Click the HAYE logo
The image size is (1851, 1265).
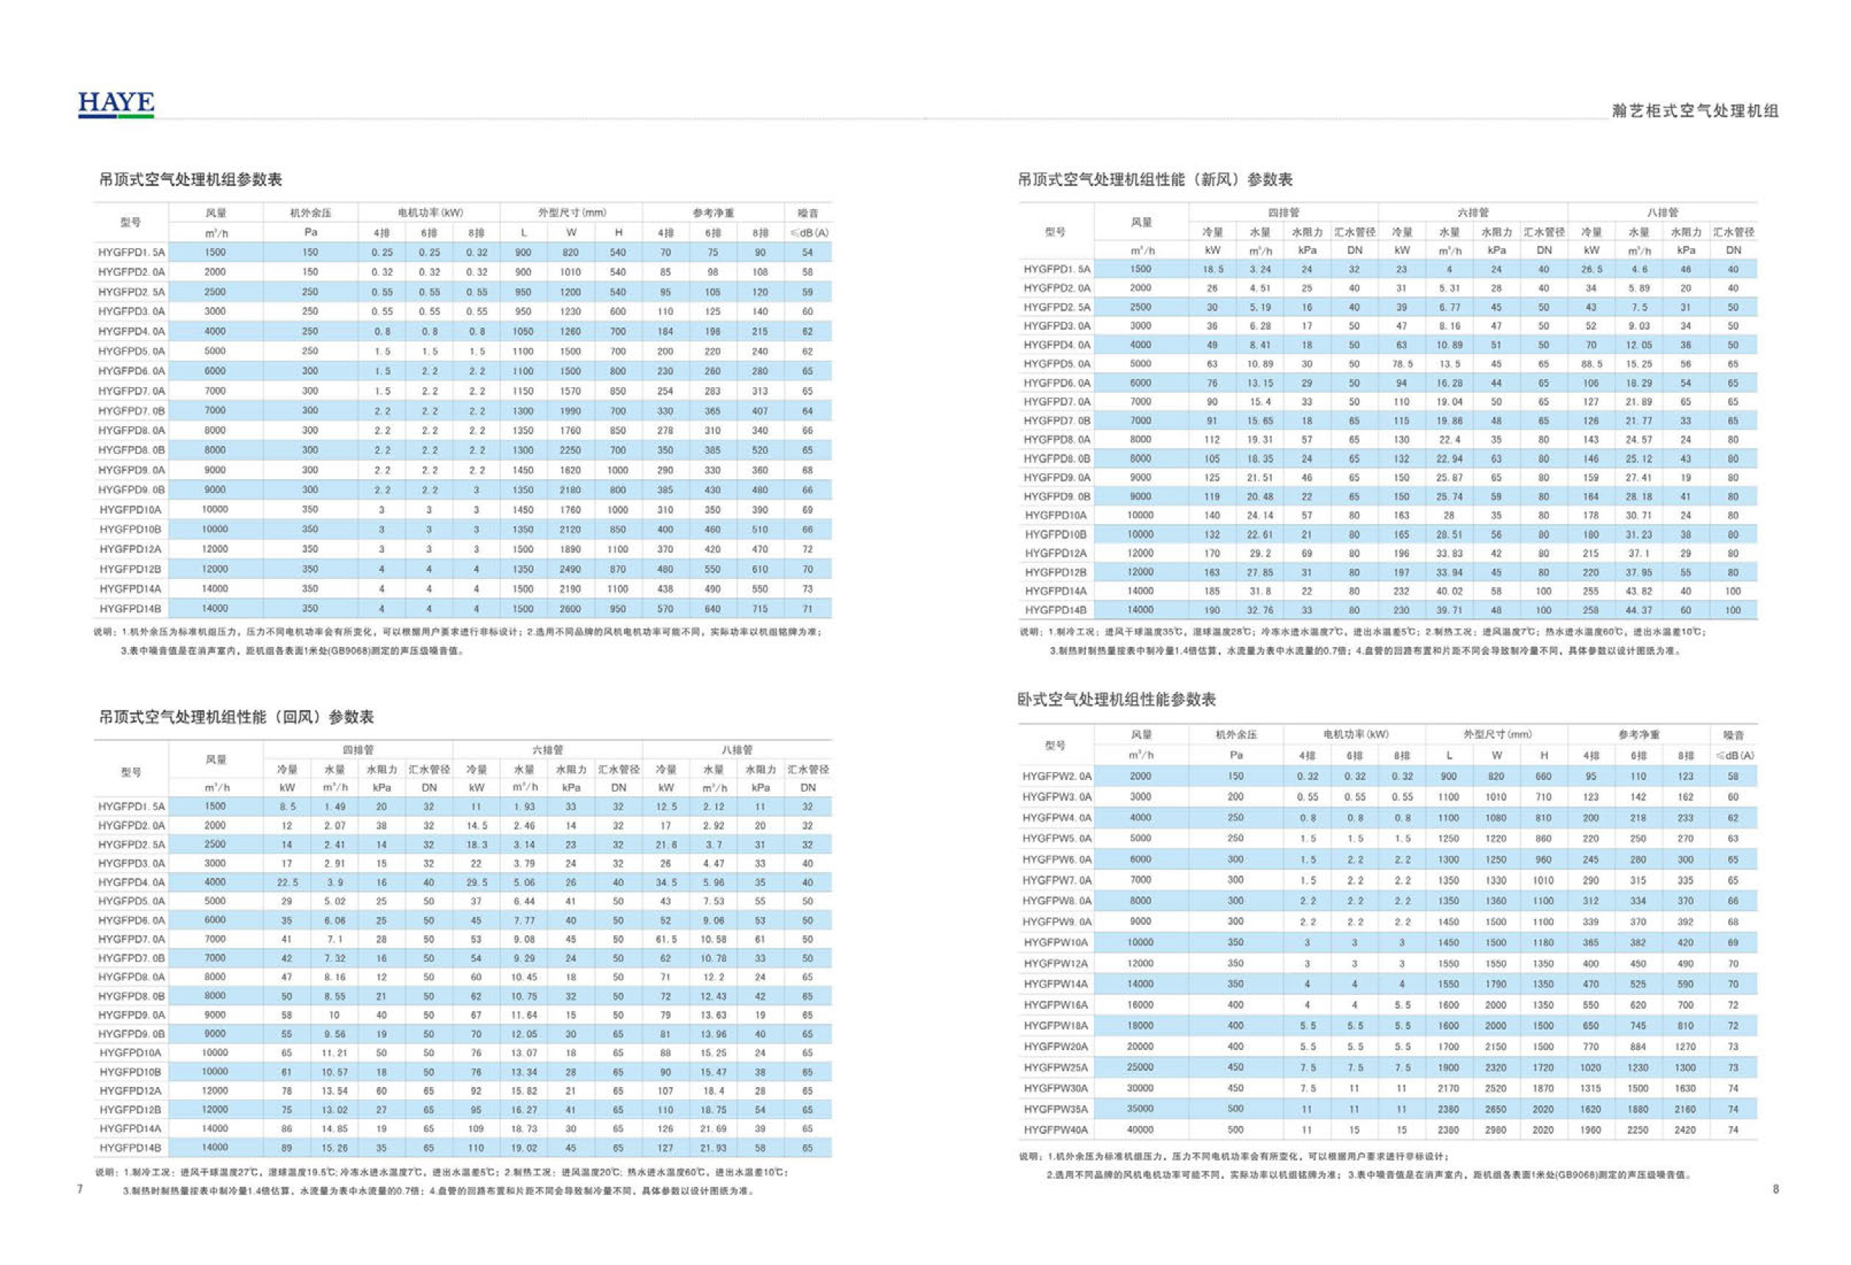[116, 104]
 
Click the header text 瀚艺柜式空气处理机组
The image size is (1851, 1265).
[1695, 110]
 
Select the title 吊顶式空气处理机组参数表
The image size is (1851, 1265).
[191, 180]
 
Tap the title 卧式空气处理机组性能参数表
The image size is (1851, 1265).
[1117, 699]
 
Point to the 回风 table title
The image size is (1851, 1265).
[235, 717]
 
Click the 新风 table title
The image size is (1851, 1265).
[1155, 180]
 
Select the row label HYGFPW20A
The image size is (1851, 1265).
[1056, 1046]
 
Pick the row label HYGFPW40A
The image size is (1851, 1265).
[1056, 1130]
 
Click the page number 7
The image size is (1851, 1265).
[80, 1188]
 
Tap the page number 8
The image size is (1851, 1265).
[1775, 1188]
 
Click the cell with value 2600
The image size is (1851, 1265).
[570, 609]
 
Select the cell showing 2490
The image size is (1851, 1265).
[570, 569]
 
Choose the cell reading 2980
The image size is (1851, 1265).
[1496, 1130]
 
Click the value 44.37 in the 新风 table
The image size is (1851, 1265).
[1639, 610]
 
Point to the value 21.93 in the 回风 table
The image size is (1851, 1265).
[713, 1148]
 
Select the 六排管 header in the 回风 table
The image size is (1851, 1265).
[548, 750]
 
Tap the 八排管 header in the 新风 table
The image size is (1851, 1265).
[1662, 213]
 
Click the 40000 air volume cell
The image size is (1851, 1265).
[1140, 1130]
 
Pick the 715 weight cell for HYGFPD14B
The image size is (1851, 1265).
[760, 609]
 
